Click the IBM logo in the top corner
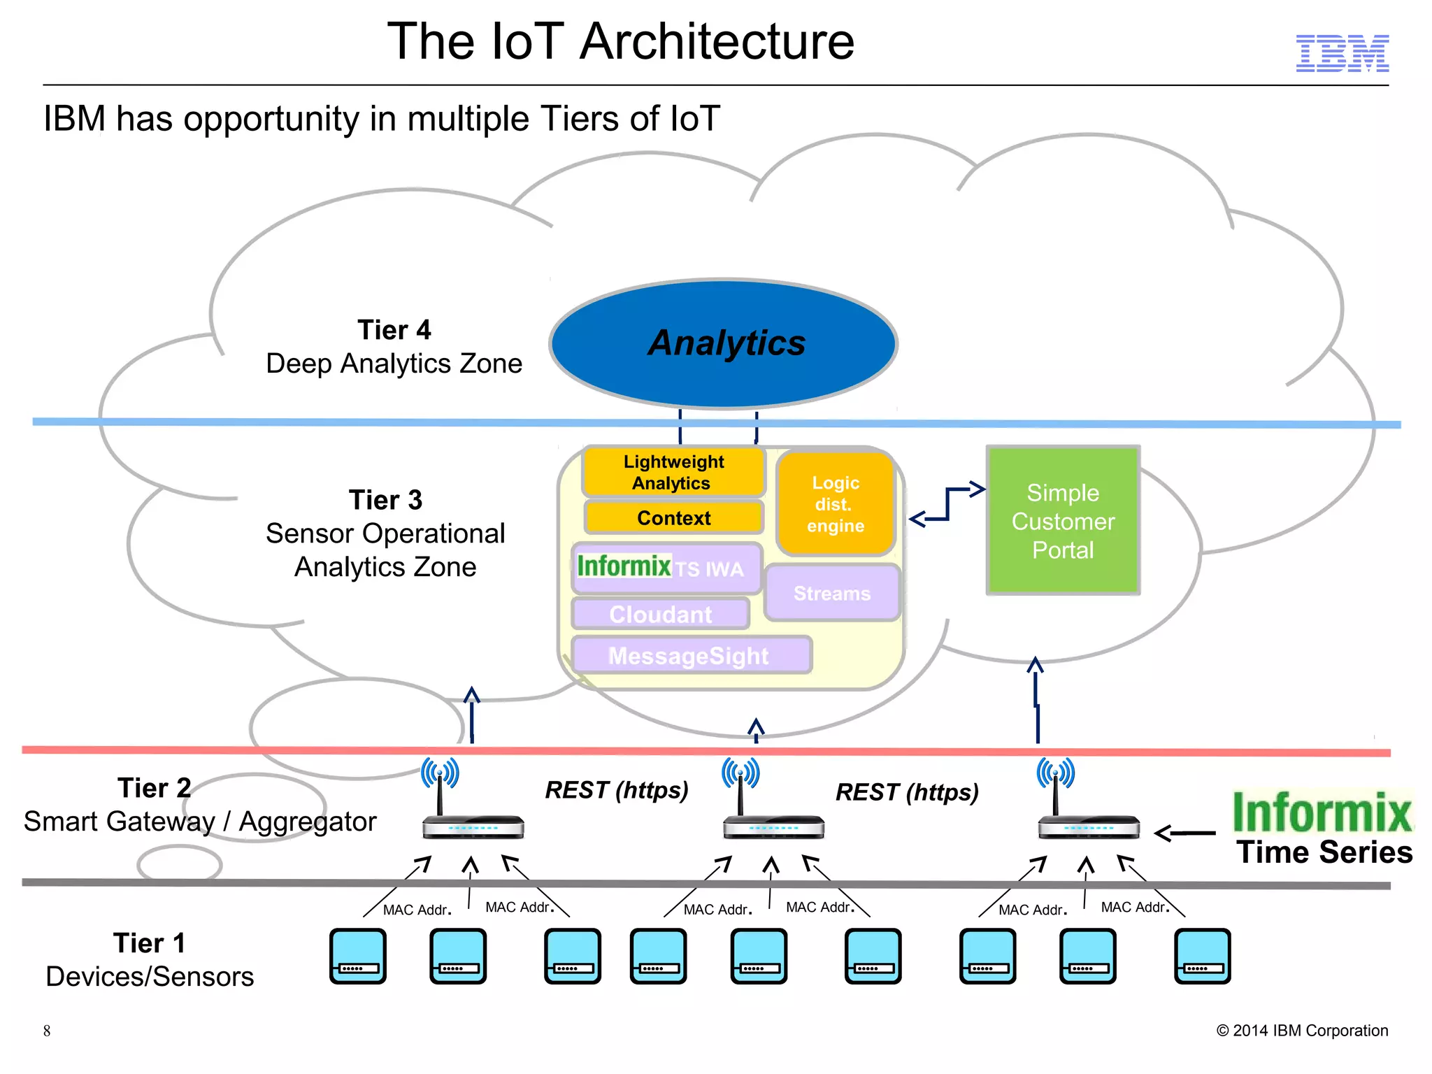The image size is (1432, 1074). pyautogui.click(x=1342, y=53)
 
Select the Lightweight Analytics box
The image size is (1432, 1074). pyautogui.click(x=673, y=473)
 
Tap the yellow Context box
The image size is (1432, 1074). pyautogui.click(x=673, y=518)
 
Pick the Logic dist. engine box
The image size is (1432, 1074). pyautogui.click(x=836, y=504)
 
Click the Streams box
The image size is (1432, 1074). pyautogui.click(x=832, y=594)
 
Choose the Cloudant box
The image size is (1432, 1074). pyautogui.click(x=660, y=614)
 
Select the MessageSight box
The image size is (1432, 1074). pyautogui.click(x=690, y=656)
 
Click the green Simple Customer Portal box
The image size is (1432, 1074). pyautogui.click(x=1063, y=521)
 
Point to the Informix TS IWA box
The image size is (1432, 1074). pyautogui.click(x=666, y=568)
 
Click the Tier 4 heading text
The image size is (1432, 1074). pyautogui.click(x=394, y=329)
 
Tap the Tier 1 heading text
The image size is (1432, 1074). pyautogui.click(x=149, y=943)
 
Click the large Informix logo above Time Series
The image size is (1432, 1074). pyautogui.click(x=1321, y=812)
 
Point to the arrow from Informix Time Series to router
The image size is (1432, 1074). pyautogui.click(x=1184, y=833)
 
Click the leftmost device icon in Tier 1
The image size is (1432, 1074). pyautogui.click(x=358, y=956)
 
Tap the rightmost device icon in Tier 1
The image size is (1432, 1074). pyautogui.click(x=1202, y=956)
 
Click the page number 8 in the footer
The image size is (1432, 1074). pyautogui.click(x=47, y=1031)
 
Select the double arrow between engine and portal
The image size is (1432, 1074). pyautogui.click(x=947, y=504)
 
